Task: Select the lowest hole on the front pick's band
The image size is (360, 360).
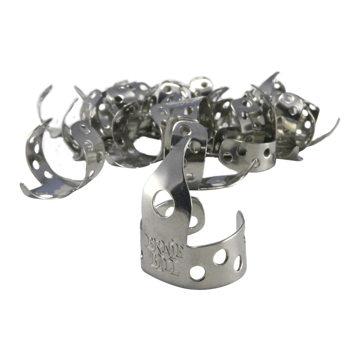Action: [197, 273]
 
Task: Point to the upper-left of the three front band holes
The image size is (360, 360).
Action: [221, 257]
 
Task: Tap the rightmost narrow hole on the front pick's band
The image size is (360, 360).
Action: [238, 263]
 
